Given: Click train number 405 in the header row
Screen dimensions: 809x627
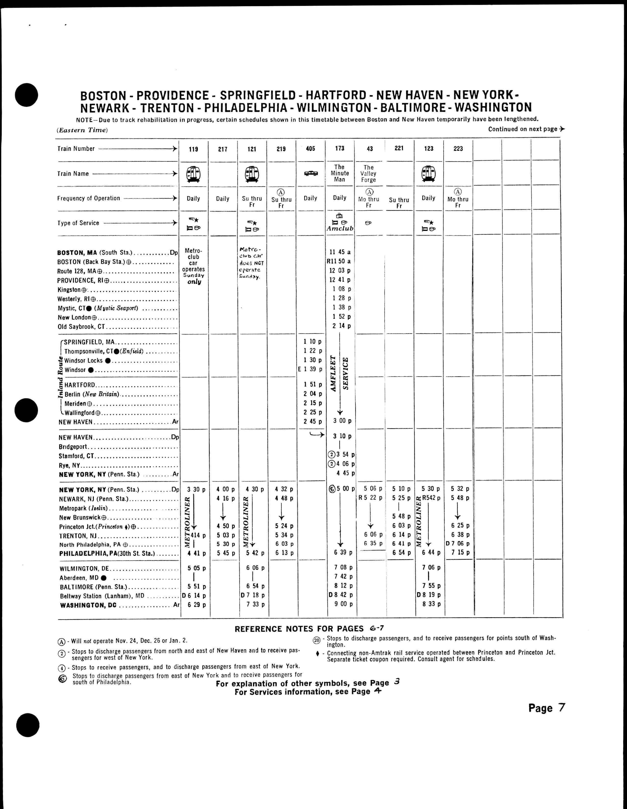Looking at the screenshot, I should click(x=311, y=149).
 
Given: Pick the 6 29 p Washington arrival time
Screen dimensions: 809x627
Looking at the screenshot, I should click(x=196, y=605).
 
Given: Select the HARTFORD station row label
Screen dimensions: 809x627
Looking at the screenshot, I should click(x=80, y=385).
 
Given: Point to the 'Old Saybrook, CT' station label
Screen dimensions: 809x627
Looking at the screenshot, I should click(x=82, y=327).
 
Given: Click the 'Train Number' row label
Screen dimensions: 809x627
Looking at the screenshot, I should click(x=76, y=149).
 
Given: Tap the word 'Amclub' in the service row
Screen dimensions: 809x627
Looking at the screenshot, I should click(x=340, y=229).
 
